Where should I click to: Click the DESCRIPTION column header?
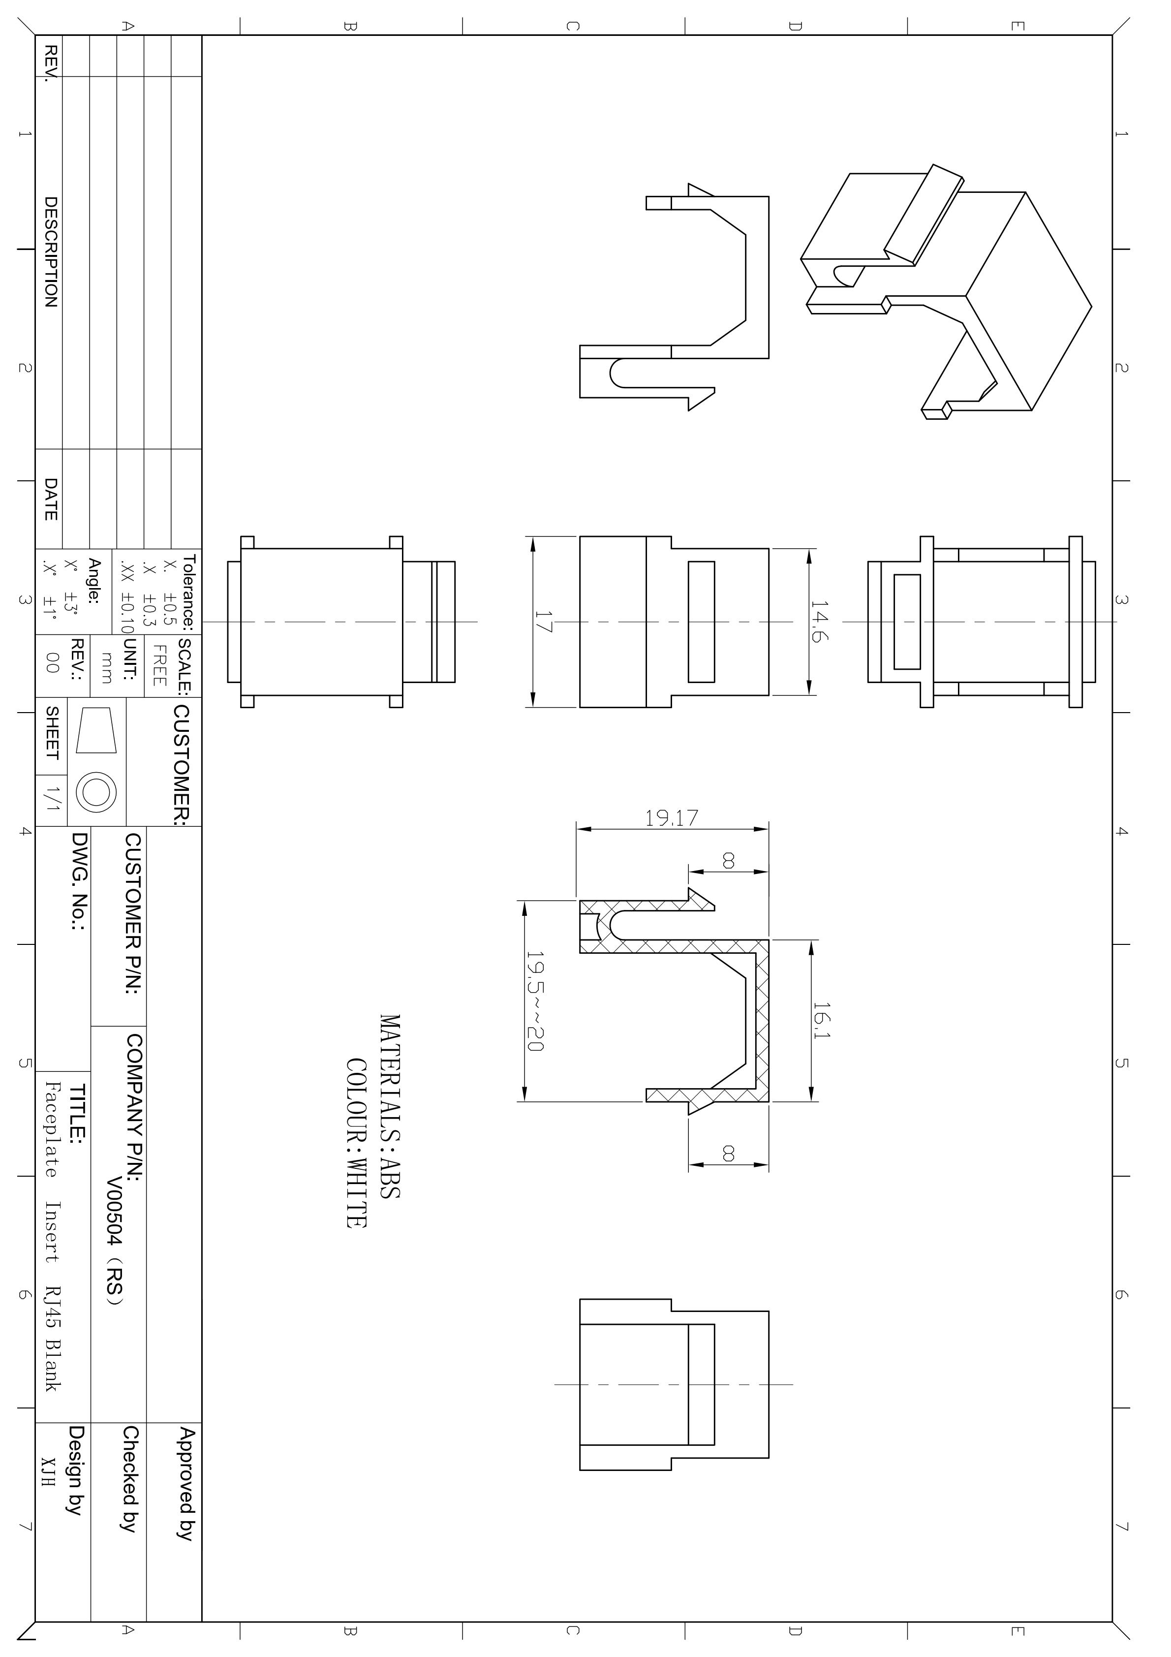point(51,252)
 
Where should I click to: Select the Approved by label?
point(186,1494)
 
